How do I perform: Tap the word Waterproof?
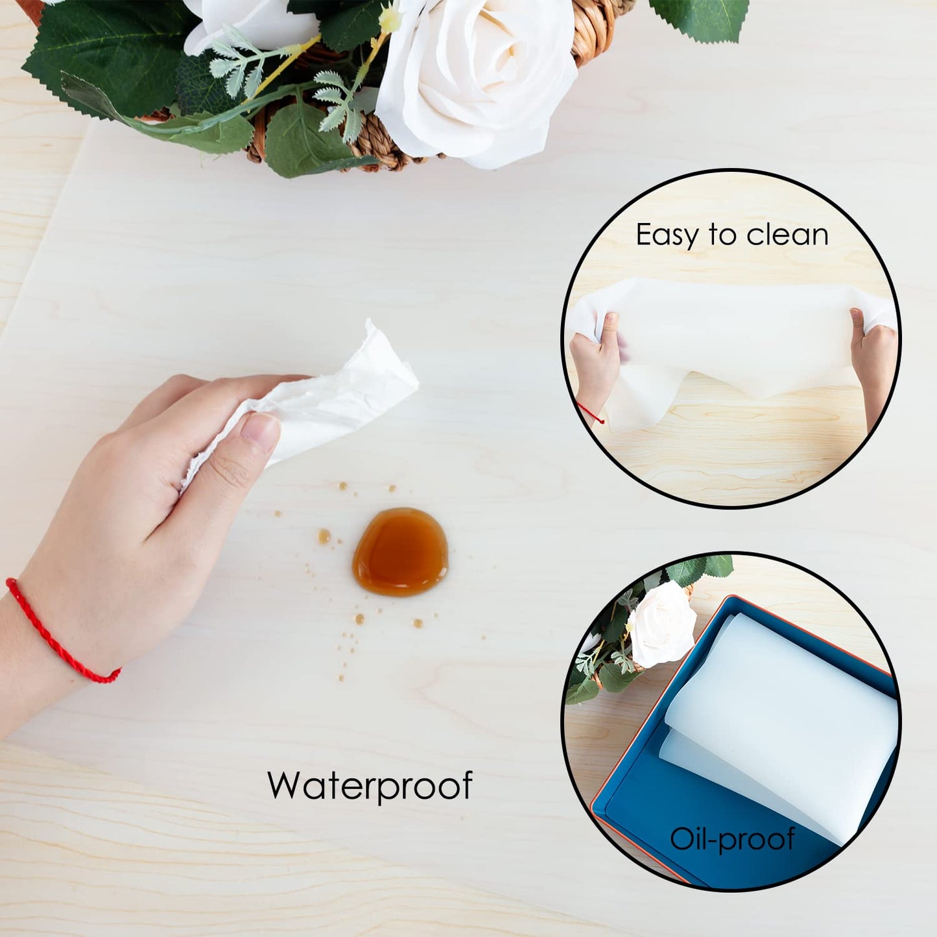tap(370, 785)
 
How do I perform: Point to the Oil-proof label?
tap(732, 839)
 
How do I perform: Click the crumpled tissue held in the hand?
tap(324, 402)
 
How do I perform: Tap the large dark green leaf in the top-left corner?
tap(97, 58)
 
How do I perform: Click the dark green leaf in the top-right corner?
tap(700, 16)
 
